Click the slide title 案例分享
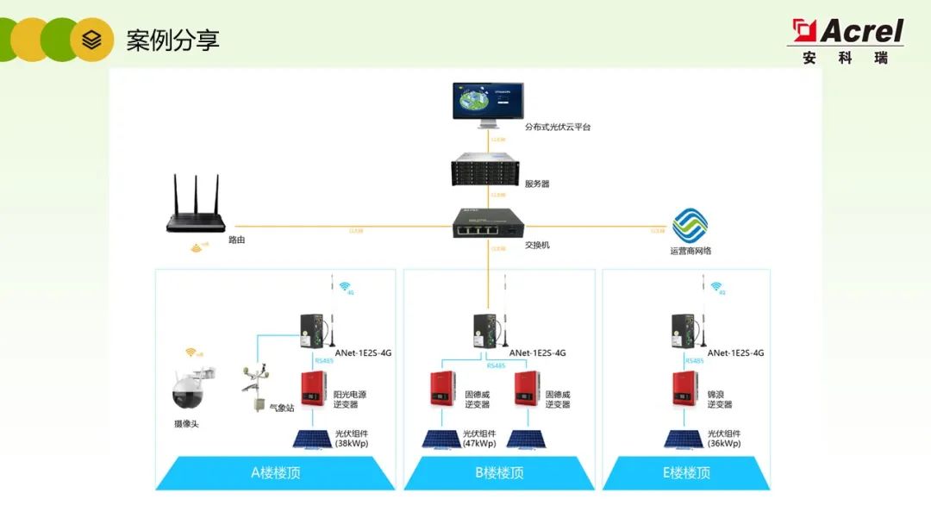tap(172, 40)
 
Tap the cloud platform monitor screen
tap(487, 102)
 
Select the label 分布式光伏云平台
tap(558, 127)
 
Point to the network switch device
tap(487, 227)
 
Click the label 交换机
tap(537, 245)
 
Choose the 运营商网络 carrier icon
tap(690, 227)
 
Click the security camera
tap(191, 390)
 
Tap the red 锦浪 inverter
tap(687, 390)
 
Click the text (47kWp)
tap(479, 444)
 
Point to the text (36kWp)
tap(724, 444)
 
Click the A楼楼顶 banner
tap(275, 472)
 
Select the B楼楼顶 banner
tap(499, 472)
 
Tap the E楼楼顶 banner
tap(686, 472)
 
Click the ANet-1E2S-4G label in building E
tap(735, 352)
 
